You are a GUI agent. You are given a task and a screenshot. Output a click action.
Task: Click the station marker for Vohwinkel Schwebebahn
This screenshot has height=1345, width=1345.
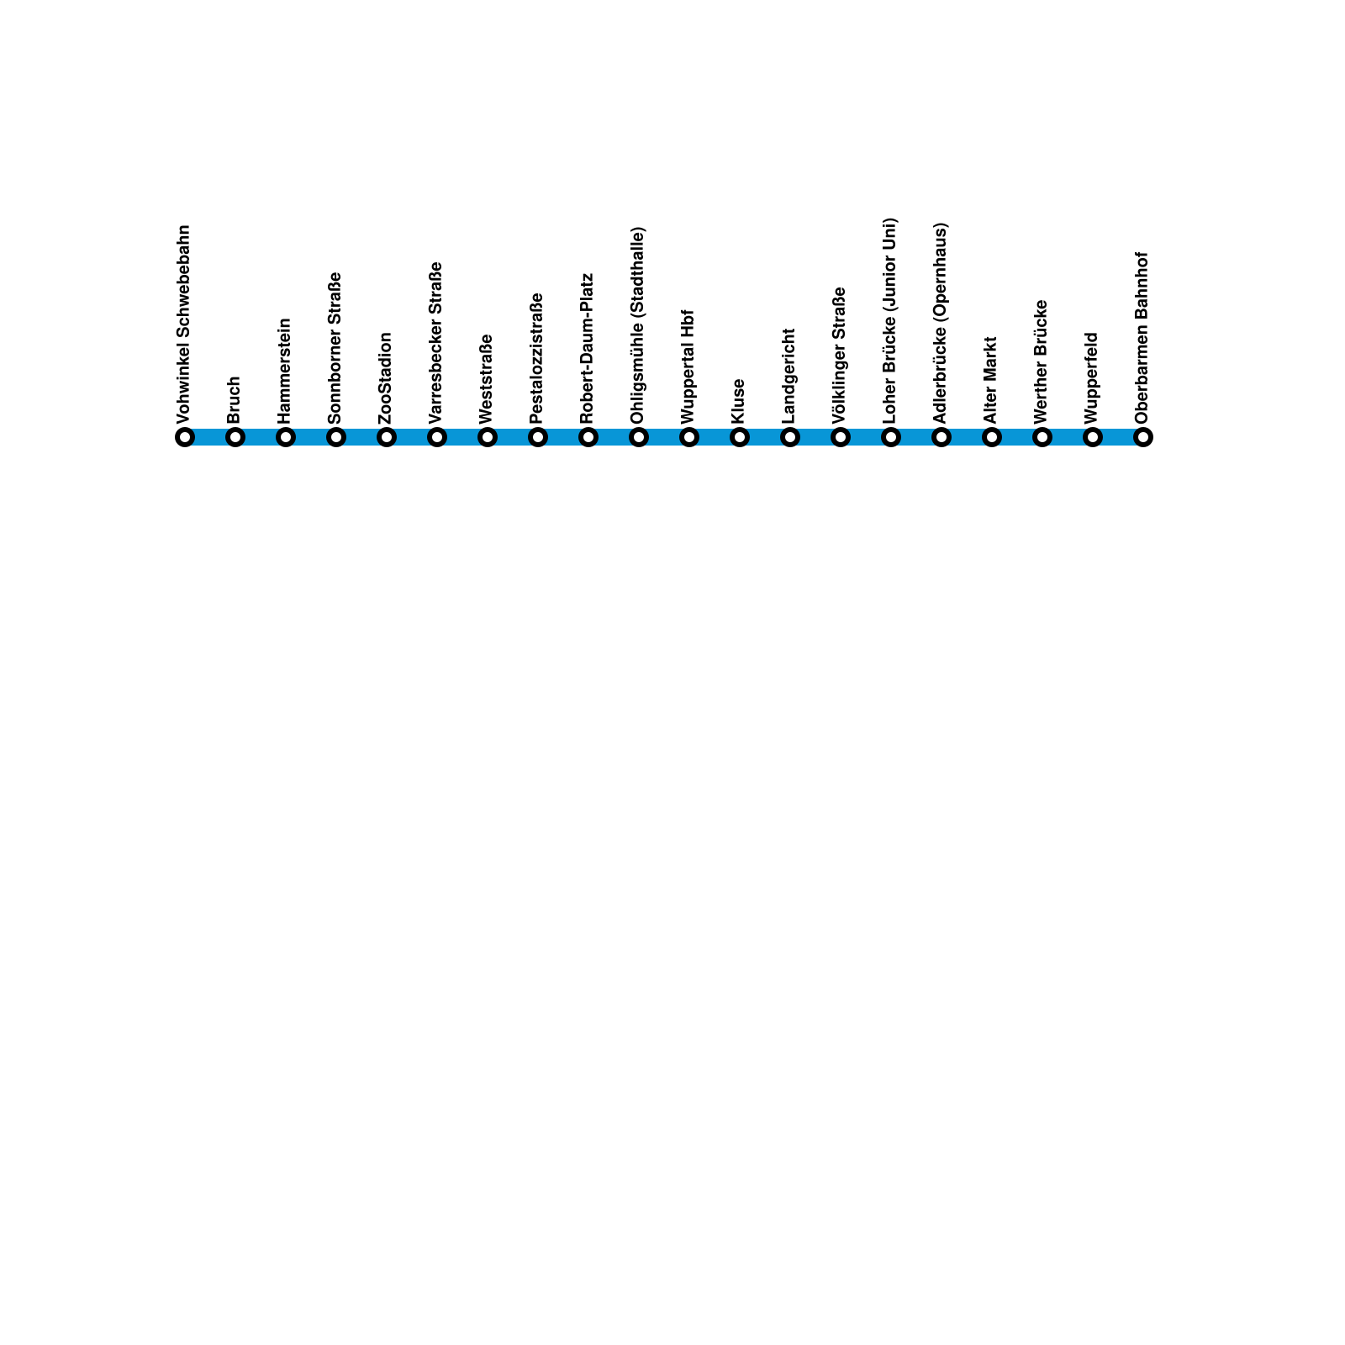pos(185,437)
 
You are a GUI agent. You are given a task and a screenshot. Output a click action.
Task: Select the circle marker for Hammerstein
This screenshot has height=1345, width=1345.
pos(286,437)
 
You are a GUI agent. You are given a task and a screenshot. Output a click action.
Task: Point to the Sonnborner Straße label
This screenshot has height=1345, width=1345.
pos(335,348)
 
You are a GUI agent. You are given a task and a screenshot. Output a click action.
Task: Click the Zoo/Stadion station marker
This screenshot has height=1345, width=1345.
pos(387,437)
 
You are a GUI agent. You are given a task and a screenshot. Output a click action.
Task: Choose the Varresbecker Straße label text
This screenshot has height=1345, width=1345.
pos(436,343)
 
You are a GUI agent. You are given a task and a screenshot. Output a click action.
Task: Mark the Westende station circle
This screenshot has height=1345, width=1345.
pos(488,437)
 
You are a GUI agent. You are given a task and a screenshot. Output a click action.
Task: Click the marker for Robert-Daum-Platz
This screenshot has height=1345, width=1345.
pos(588,437)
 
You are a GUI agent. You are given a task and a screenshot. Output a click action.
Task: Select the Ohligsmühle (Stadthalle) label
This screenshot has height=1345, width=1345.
pos(638,325)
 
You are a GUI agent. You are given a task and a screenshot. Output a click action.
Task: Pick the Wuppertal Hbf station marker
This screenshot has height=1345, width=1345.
pos(689,437)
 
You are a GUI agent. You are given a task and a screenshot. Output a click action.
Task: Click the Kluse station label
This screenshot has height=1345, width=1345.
pos(739,402)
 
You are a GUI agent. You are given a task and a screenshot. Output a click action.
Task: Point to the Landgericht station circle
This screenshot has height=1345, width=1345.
pos(790,437)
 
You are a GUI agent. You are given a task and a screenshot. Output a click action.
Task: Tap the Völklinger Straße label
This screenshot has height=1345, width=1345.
pos(840,356)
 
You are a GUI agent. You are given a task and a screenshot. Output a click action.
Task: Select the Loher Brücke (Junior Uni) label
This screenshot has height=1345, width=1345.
pos(890,320)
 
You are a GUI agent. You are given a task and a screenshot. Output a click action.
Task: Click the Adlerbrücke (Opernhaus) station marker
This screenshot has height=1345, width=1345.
pos(941,437)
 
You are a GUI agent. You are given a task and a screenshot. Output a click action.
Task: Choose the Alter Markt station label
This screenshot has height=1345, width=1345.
pos(991,380)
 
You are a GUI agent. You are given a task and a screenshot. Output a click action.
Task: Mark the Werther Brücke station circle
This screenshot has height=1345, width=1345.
pos(1042,437)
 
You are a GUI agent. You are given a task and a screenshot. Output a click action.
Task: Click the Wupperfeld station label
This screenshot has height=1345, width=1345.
pos(1092,378)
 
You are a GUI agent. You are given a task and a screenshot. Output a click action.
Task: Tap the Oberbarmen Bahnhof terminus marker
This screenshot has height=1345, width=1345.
pos(1143,437)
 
